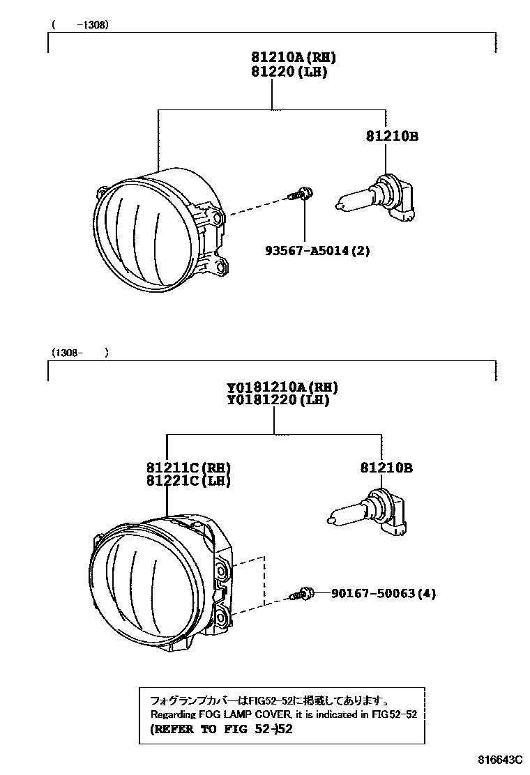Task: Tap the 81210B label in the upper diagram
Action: (391, 137)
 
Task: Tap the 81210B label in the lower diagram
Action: (386, 468)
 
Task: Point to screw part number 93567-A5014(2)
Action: (317, 250)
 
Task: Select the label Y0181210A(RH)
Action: (282, 387)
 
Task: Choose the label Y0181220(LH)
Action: (278, 401)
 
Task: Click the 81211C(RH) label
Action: (188, 468)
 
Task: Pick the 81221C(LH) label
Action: (188, 481)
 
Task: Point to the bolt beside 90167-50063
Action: (300, 594)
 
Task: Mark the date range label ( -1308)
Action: (80, 24)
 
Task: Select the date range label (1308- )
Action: (79, 353)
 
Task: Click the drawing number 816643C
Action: (499, 758)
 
